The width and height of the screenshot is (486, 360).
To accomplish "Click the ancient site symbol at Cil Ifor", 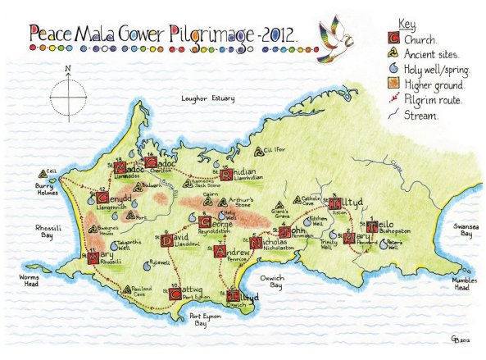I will click(262, 151).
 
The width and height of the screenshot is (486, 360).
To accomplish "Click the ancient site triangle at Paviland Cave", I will click(127, 290).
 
